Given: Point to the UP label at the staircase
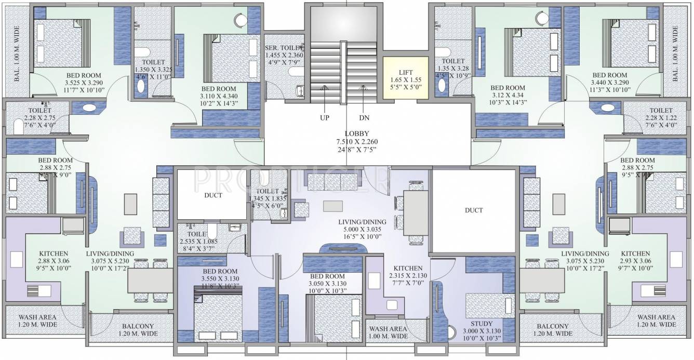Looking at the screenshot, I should (325, 117).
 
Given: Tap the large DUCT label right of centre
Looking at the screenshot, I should (474, 210).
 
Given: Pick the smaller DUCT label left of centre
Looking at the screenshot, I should (213, 195).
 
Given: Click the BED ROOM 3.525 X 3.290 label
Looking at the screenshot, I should (83, 75).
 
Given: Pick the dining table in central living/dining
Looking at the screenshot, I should (416, 214).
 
